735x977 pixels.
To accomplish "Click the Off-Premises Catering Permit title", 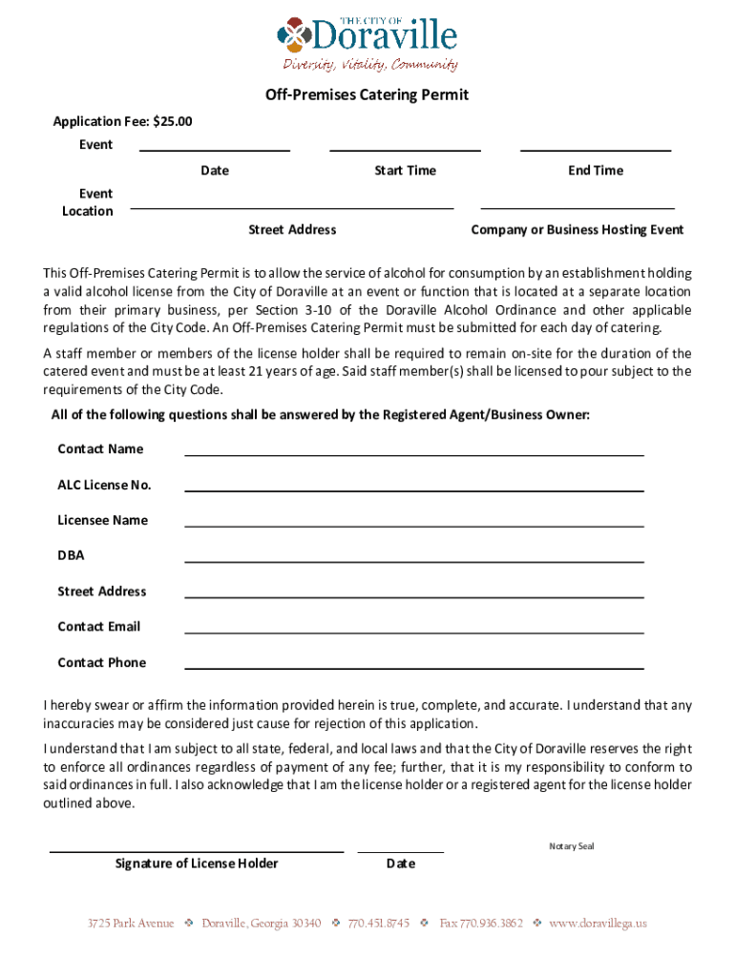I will (367, 95).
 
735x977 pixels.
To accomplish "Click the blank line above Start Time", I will (405, 149).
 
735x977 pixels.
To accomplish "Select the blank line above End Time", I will (595, 149).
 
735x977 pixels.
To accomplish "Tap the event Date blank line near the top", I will (215, 149).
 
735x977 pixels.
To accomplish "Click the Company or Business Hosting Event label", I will (577, 230).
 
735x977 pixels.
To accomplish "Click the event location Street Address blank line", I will (292, 207).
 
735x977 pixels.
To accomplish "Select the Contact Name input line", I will (413, 455).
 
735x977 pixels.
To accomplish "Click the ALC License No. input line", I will (413, 490).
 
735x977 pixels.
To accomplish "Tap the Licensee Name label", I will (102, 520).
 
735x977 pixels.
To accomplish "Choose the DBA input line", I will (413, 561).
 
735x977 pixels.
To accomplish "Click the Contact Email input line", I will (413, 632).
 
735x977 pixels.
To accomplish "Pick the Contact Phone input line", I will (413, 668).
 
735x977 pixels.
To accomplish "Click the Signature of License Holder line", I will (197, 850).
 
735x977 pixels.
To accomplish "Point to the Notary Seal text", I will (571, 845).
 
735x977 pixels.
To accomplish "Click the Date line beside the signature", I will (400, 850).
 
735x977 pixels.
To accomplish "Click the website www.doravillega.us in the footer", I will (598, 924).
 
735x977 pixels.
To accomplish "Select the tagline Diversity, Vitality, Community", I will (369, 64).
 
